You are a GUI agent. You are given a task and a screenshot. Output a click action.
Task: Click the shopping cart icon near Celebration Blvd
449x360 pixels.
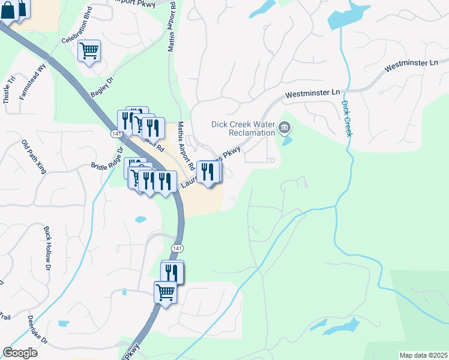(89, 51)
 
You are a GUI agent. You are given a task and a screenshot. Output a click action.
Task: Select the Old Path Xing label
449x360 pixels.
(34, 155)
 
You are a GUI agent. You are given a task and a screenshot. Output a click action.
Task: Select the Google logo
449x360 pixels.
(20, 352)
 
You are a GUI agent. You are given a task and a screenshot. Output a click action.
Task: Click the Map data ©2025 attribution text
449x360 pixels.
(423, 355)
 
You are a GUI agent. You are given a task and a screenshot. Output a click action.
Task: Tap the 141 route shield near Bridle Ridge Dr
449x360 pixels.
(115, 133)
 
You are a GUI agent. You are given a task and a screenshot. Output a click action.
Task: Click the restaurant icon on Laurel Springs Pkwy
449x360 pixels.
(208, 172)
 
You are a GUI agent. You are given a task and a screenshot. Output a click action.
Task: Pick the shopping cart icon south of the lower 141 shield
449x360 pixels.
(164, 293)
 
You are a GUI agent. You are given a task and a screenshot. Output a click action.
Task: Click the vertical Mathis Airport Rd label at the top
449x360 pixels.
(172, 26)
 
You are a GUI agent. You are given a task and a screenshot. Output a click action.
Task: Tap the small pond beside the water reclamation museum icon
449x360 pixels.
(287, 142)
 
